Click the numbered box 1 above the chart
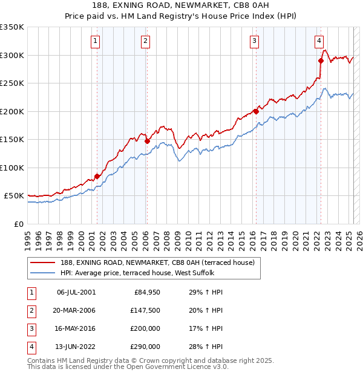point(96,41)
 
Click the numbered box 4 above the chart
point(319,41)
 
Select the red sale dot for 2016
point(256,111)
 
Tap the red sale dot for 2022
point(321,60)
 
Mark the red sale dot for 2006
point(147,141)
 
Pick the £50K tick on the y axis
point(15,196)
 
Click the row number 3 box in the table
point(30,328)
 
